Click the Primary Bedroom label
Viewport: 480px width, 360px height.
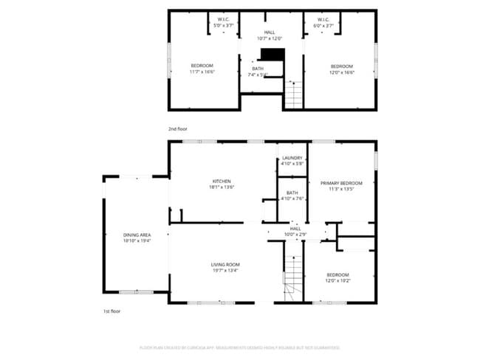(x=340, y=185)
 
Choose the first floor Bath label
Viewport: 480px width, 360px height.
(x=292, y=195)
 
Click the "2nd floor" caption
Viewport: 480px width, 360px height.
(x=177, y=129)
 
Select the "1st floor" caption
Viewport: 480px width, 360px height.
(x=112, y=312)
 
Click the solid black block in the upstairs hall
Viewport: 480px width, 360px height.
(x=272, y=55)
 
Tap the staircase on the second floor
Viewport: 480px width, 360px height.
(x=294, y=94)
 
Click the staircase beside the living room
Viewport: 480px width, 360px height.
(x=294, y=277)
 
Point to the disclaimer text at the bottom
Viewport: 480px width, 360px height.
(x=239, y=347)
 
